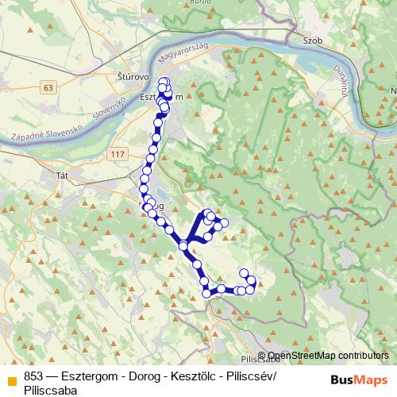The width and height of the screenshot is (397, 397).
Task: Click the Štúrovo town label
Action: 123,76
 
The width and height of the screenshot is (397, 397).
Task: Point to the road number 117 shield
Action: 118,152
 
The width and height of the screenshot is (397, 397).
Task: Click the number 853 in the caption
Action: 34,376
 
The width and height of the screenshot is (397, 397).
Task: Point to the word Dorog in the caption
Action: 138,376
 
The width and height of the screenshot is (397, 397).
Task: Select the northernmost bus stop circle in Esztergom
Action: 164,81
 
